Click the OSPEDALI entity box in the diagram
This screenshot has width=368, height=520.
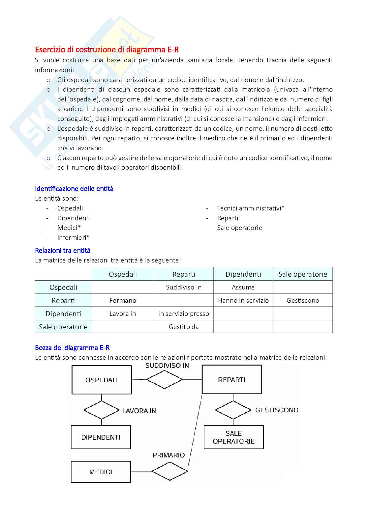tap(102, 380)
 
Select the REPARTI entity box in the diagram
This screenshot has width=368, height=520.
tap(231, 379)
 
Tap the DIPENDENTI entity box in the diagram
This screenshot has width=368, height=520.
tap(101, 437)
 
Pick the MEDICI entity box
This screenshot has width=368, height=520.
tap(101, 472)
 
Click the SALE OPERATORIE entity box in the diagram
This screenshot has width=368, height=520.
tap(233, 437)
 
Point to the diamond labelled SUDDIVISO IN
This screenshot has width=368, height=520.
tap(164, 379)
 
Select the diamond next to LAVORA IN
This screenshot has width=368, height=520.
tap(101, 410)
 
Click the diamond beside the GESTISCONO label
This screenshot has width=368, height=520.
tap(233, 410)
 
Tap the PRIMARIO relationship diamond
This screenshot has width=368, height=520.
tap(169, 471)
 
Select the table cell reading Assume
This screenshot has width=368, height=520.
tap(243, 287)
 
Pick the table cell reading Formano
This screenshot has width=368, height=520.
tap(123, 300)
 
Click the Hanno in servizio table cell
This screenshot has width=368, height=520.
tap(243, 300)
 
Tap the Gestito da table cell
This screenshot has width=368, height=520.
tap(184, 327)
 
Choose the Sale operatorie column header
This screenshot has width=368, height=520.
tap(303, 274)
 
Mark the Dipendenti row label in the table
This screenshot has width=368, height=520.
tap(63, 314)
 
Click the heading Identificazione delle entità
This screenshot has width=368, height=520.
tap(74, 189)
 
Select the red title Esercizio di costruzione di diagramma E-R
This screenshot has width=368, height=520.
tap(107, 50)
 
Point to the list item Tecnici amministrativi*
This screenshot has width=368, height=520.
tap(251, 208)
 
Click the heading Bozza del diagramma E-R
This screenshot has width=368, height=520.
tap(72, 348)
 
